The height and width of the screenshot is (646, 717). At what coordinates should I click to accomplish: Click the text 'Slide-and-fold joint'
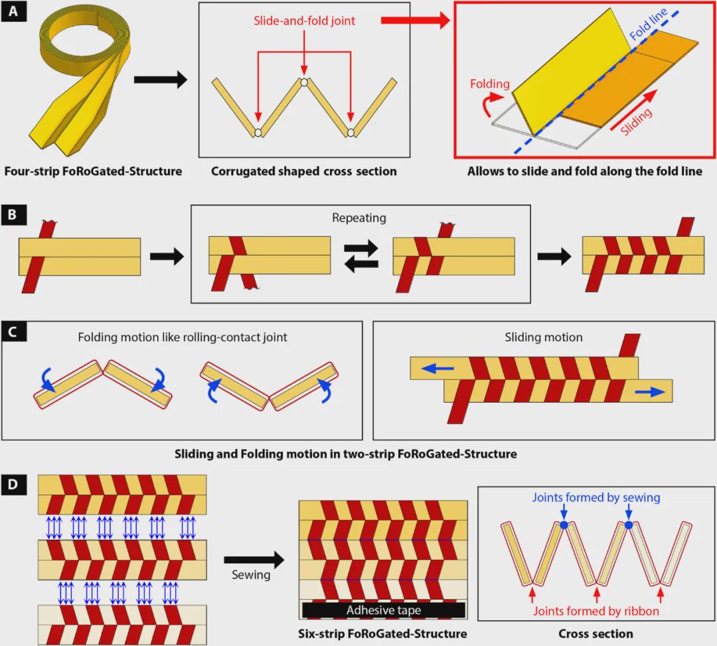click(303, 21)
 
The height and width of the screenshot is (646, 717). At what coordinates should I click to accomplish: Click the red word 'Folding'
click(490, 84)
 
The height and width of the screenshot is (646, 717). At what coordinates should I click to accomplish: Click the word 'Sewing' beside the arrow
click(251, 574)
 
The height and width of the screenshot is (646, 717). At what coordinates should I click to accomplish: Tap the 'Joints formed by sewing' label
click(596, 498)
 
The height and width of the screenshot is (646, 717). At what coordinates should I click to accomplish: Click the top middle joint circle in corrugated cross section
click(303, 82)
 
